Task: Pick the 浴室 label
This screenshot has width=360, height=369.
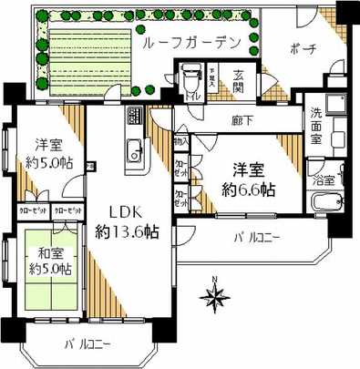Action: coord(324,180)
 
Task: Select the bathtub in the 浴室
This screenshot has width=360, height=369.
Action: coord(324,220)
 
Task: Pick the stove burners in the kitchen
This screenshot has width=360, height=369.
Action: coord(133,118)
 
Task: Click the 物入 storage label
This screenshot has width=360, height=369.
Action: coord(180,141)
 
